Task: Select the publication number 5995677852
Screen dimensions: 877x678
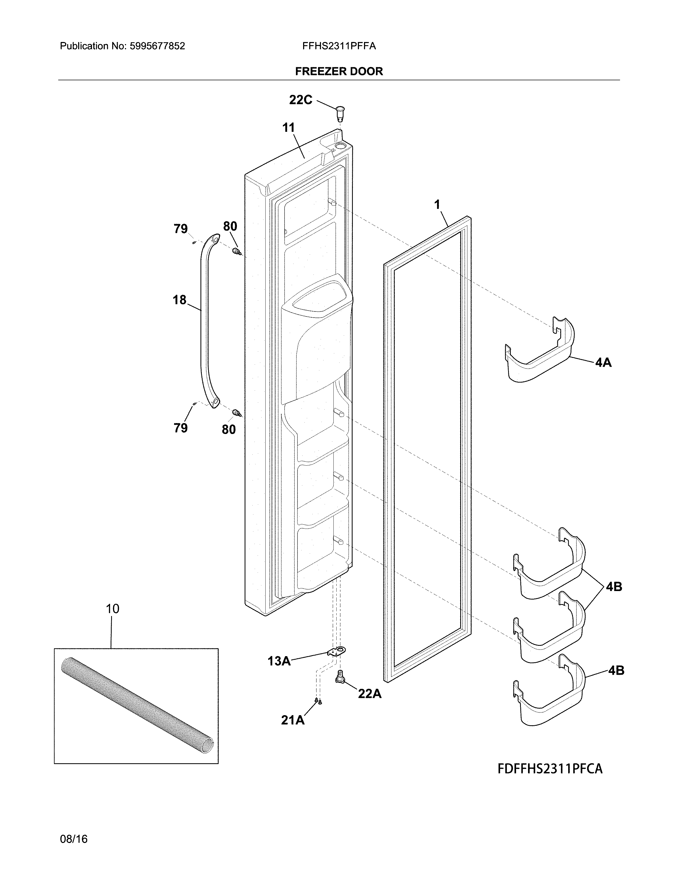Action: (x=157, y=46)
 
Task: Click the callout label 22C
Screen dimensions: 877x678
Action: (x=300, y=100)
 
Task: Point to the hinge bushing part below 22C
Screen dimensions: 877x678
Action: (x=340, y=112)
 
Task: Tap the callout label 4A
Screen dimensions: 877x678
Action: (x=603, y=362)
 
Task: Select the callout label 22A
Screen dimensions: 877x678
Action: (x=370, y=693)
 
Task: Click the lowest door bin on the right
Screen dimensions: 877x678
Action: (x=550, y=699)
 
